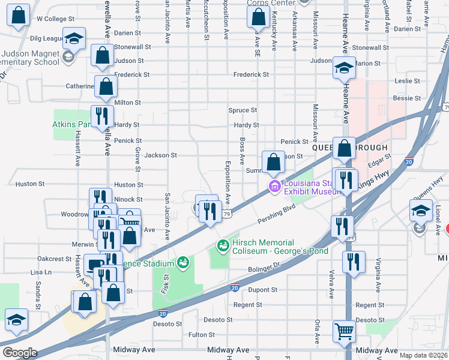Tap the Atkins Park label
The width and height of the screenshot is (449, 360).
[71, 125]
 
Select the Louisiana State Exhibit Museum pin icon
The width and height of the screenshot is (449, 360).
[275, 187]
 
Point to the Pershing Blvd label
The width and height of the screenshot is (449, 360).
[277, 214]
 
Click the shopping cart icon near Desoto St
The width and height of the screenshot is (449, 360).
[343, 330]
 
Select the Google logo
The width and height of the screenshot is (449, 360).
[20, 352]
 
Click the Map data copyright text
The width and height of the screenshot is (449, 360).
[422, 355]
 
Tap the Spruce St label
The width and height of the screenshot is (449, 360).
[243, 110]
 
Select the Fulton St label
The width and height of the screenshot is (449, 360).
[202, 334]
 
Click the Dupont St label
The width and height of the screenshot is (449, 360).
[265, 289]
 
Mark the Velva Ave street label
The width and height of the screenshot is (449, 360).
[331, 284]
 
